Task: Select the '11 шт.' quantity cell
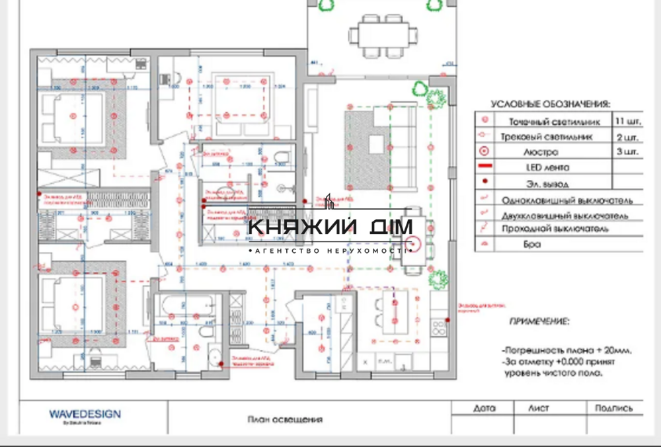pos(627,122)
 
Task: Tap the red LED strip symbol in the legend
pos(486,167)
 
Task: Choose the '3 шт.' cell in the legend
pos(627,152)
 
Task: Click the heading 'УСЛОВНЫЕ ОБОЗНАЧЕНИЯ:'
pos(550,104)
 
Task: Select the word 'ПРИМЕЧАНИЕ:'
pos(539,321)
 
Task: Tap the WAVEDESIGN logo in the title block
pos(85,415)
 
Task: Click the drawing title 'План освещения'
pos(284,419)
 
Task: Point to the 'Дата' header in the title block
pos(485,409)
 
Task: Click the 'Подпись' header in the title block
pos(613,409)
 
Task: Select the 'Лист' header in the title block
pos(538,409)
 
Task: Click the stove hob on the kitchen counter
pos(438,325)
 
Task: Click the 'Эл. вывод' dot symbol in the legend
pos(486,183)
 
